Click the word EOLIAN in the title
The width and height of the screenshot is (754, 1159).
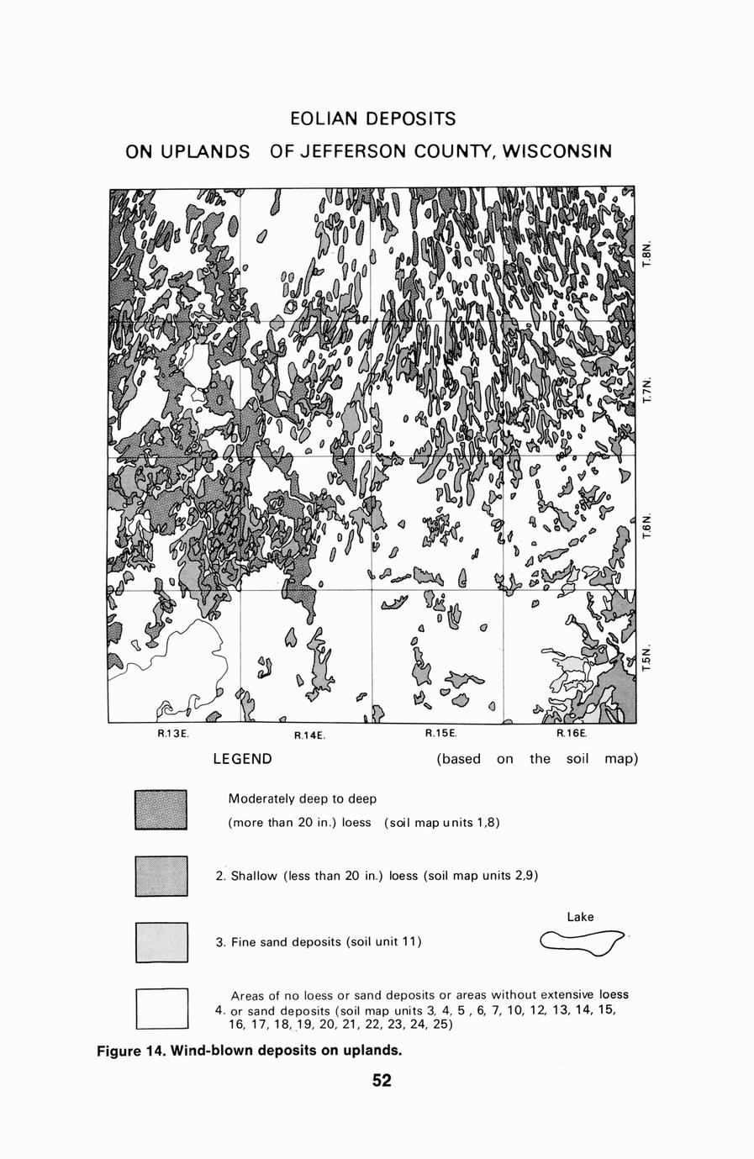click(x=323, y=118)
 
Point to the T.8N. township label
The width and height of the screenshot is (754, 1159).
click(x=646, y=255)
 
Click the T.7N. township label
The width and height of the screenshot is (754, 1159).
click(x=646, y=391)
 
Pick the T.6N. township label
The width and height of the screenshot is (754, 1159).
click(x=646, y=527)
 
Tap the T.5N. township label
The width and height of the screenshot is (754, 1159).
click(x=646, y=658)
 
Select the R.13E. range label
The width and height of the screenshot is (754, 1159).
click(x=174, y=734)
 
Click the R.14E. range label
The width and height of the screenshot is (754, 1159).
click(x=309, y=735)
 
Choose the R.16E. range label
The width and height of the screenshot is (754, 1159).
click(x=572, y=733)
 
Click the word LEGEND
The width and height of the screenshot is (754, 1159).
click(x=242, y=760)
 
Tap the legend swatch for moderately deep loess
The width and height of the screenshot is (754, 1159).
click(x=161, y=810)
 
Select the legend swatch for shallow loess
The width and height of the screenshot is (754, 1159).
click(x=161, y=876)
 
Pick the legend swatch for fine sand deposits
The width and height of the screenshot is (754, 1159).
click(x=161, y=942)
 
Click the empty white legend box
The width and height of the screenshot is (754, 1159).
click(x=161, y=1009)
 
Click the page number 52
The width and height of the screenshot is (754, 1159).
click(x=382, y=1081)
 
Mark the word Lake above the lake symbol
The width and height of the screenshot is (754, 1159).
click(x=580, y=917)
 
